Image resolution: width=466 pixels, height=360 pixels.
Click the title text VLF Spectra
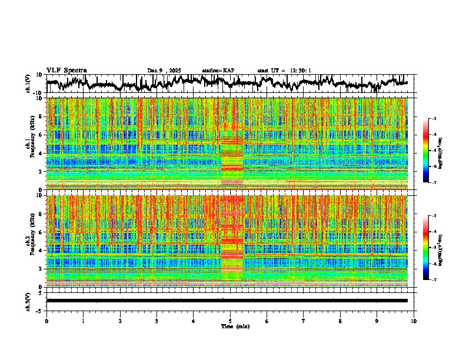pyautogui.click(x=66, y=71)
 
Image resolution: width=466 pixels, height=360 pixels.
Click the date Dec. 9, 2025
pyautogui.click(x=164, y=71)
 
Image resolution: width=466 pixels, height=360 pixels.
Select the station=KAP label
pyautogui.click(x=218, y=71)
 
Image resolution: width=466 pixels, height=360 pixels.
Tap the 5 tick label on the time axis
pyautogui.click(x=230, y=321)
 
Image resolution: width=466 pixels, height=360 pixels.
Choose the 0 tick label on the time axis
pyautogui.click(x=46, y=321)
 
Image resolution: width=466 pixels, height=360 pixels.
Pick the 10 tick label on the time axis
pyautogui.click(x=414, y=321)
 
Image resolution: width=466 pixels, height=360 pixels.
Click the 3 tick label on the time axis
pyautogui.click(x=157, y=321)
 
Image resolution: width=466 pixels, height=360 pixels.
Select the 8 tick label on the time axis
pyautogui.click(x=340, y=321)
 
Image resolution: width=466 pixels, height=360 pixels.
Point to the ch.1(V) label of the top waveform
pyautogui.click(x=28, y=84)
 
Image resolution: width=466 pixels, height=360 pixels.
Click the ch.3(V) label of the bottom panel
pyautogui.click(x=28, y=300)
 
